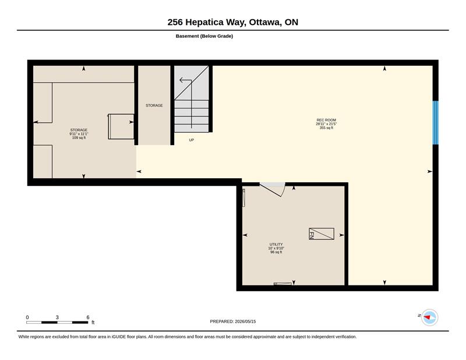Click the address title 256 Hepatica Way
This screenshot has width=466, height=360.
[x=207, y=22]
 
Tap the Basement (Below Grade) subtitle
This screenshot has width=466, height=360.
[x=204, y=36]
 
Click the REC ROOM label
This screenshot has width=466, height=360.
[x=326, y=120]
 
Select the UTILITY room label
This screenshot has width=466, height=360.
[x=276, y=244]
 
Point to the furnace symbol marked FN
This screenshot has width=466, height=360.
[x=322, y=234]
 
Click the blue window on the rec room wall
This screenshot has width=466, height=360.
[x=435, y=122]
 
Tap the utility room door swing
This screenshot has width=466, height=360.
[x=273, y=190]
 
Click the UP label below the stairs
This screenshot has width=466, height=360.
[x=192, y=140]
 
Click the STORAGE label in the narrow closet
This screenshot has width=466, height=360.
[x=154, y=105]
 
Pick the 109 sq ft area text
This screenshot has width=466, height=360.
[x=79, y=137]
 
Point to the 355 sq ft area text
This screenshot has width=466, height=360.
[x=326, y=128]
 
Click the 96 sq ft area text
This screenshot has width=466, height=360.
[x=276, y=252]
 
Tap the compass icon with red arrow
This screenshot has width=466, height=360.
[x=429, y=317]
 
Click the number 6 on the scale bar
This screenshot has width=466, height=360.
[x=88, y=317]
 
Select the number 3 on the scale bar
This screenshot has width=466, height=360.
[x=57, y=317]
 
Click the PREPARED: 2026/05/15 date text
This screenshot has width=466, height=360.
[x=233, y=322]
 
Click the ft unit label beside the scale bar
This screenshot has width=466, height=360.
[x=93, y=323]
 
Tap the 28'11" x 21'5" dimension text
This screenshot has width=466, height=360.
[x=326, y=124]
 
